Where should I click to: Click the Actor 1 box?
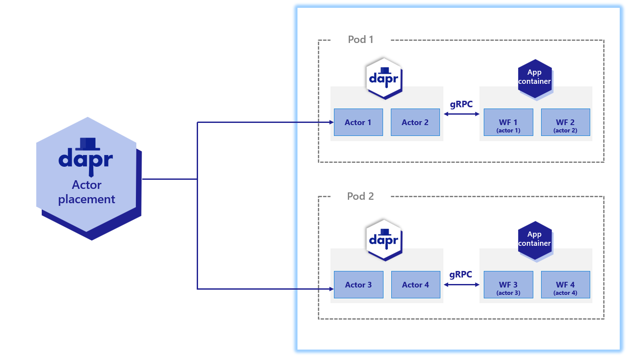point(358,122)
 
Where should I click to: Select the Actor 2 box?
point(415,122)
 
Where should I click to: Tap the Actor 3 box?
point(359,285)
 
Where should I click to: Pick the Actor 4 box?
point(416,285)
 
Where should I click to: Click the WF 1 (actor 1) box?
point(508,122)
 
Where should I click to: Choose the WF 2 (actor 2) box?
point(565,122)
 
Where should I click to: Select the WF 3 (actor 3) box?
point(508,285)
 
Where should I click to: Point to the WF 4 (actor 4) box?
point(565,285)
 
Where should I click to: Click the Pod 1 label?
point(360,40)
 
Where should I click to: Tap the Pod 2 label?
point(360,196)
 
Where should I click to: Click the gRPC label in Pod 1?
point(461,104)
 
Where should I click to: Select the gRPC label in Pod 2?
point(461,274)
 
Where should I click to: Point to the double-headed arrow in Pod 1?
point(461,114)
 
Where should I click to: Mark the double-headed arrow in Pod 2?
point(461,285)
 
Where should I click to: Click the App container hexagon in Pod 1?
point(535,78)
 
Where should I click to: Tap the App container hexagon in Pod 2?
point(535,240)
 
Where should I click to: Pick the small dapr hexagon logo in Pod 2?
point(384,240)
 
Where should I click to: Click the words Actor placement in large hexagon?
point(87,192)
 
